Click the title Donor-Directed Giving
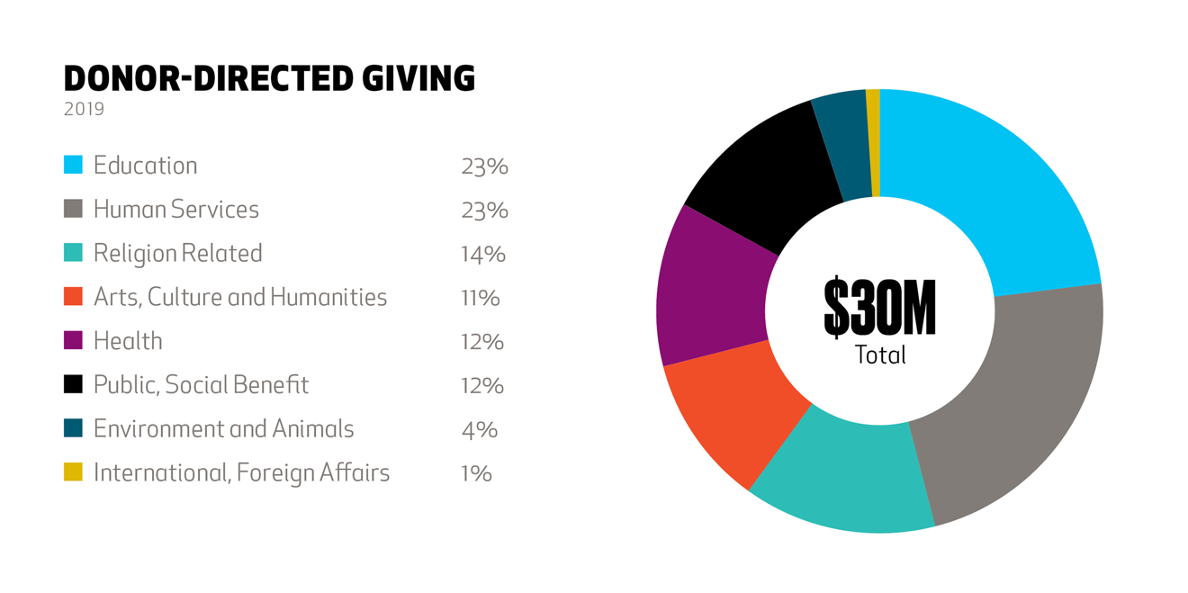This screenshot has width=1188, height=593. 268,79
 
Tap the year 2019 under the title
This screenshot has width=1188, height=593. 84,110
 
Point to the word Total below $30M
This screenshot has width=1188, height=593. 880,355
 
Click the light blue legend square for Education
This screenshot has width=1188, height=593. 73,165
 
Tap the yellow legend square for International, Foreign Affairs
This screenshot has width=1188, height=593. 73,472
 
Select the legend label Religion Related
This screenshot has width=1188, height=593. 177,253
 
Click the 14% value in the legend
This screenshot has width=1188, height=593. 482,254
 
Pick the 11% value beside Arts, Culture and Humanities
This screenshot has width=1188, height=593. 480,298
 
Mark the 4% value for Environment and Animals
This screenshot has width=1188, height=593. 479,429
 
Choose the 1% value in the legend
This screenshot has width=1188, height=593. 476,473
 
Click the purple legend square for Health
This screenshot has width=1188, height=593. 73,340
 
